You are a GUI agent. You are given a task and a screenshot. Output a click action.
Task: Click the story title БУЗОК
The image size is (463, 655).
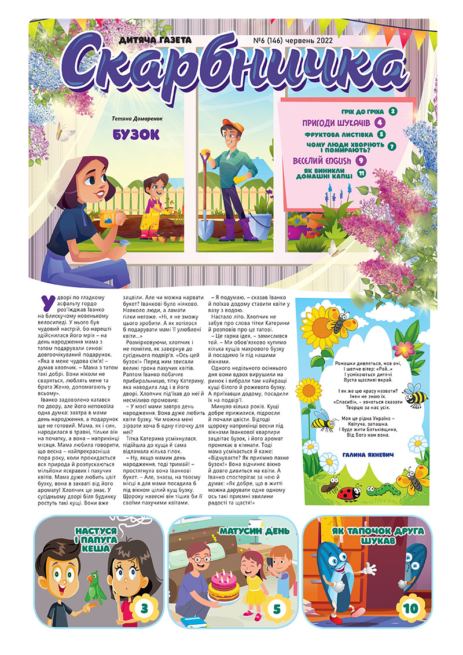(137, 134)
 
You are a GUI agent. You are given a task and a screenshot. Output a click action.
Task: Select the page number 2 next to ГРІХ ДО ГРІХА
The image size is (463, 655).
(393, 111)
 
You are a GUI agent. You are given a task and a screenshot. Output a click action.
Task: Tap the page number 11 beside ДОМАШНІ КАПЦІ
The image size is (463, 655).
(362, 173)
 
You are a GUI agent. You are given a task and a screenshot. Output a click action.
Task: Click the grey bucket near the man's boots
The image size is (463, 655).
(263, 221)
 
